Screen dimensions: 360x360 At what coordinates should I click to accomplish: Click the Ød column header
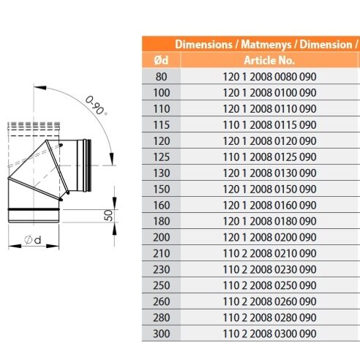pos(161,60)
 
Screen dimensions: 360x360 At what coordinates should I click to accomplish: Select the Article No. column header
pos(269,60)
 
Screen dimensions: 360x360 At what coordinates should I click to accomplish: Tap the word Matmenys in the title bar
pos(266,45)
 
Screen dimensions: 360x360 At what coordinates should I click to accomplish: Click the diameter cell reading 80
pos(161,77)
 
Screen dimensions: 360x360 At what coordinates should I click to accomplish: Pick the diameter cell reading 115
pos(161,125)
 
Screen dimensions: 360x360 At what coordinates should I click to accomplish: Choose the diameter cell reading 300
pos(161,334)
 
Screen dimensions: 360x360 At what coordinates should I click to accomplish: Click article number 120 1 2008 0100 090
pos(269,93)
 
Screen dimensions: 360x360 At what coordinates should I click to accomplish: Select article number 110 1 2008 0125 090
pos(269,157)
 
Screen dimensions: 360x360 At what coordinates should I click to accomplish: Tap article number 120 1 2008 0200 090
pos(269,237)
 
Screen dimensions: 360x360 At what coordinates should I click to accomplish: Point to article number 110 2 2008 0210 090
pos(269,253)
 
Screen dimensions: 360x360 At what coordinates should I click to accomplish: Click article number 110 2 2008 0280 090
pos(269,318)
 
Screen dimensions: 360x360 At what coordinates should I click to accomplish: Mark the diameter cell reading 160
pos(161,205)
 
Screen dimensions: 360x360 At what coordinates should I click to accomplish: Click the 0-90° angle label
pos(97,105)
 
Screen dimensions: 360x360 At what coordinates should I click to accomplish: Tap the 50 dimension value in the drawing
pos(108,215)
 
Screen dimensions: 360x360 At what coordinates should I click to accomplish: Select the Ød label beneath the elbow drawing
pos(33,240)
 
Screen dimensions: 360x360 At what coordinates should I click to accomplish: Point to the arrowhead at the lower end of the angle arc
pos(112,159)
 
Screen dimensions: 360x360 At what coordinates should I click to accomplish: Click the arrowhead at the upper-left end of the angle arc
pos(40,88)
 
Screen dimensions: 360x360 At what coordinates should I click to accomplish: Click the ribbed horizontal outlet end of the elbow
pos(87,165)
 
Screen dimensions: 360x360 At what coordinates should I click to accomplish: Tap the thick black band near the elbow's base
pos(34,209)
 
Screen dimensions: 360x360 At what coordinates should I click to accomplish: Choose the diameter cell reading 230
pos(161,269)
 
